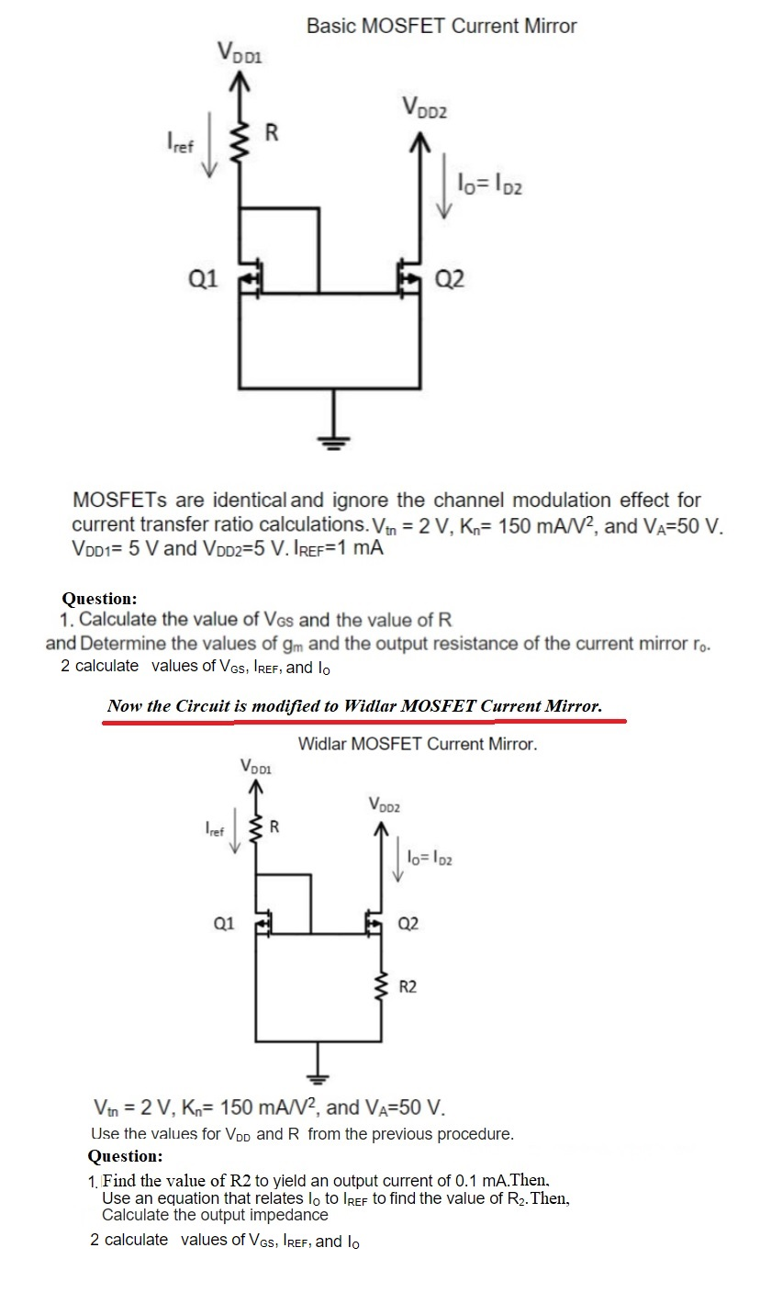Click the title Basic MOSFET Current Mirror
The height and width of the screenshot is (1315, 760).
(x=441, y=27)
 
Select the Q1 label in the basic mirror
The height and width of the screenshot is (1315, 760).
(x=204, y=278)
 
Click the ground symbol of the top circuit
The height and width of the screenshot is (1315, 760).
(x=332, y=441)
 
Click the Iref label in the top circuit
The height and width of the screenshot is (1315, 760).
(x=179, y=144)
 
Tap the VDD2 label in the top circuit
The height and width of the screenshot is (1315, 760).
(x=423, y=108)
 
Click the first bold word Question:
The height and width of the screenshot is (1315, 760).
(x=100, y=599)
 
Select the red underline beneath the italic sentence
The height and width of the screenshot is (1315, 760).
(x=363, y=722)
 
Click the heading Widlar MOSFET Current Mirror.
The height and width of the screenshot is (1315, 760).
(x=418, y=744)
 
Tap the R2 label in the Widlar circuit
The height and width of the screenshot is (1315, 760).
(x=408, y=988)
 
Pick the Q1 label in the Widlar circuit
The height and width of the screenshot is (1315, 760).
(x=221, y=923)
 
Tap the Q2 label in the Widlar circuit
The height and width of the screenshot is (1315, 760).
(x=409, y=923)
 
